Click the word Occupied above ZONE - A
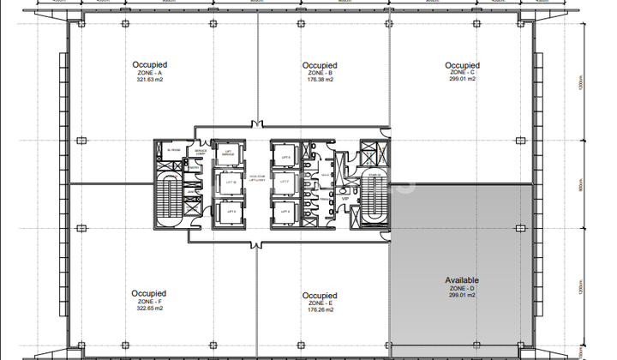pos(149,64)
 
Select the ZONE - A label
pos(149,73)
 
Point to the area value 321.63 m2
pos(149,81)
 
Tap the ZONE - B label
pos(320,74)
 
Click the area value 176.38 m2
pos(320,81)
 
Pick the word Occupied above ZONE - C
pos(462,64)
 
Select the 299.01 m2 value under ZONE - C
pos(462,81)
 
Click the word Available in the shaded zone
pos(462,280)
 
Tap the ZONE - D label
pos(462,289)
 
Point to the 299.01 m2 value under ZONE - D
pos(462,297)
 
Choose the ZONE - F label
pos(150,303)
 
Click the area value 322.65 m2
pos(150,310)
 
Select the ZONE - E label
pos(320,304)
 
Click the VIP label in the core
pos(345,198)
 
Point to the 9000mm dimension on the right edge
pos(581,186)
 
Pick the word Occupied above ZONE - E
pos(320,296)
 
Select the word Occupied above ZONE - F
pos(150,294)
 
